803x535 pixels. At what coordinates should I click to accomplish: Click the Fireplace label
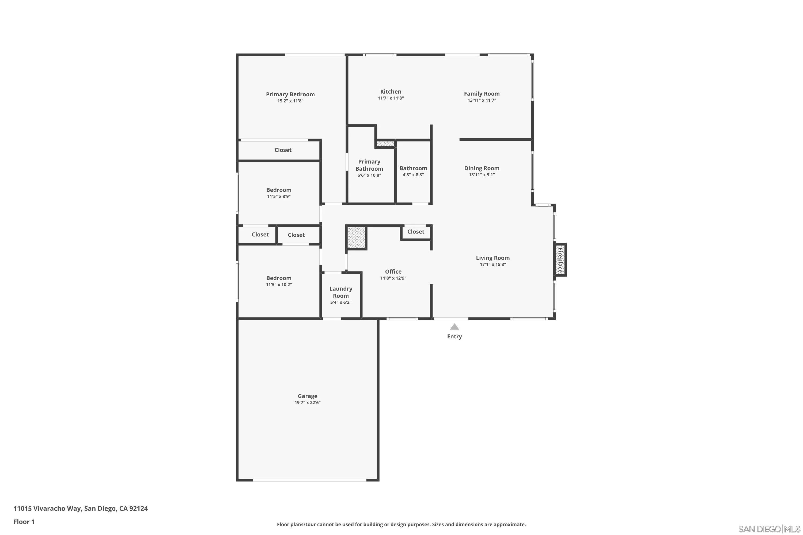(x=560, y=260)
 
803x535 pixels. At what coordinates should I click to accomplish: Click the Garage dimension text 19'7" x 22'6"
(x=307, y=403)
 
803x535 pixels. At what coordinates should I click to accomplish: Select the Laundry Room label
(x=341, y=292)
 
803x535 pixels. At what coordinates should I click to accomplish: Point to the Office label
(x=393, y=272)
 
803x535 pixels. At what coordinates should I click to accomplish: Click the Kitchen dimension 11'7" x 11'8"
(x=391, y=98)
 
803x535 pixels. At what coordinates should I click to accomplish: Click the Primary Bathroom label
(x=369, y=165)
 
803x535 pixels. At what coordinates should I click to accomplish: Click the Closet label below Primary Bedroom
(x=283, y=150)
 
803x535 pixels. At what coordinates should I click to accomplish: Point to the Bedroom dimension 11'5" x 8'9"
(x=279, y=197)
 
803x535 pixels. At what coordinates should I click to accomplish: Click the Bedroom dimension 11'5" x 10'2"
(x=279, y=285)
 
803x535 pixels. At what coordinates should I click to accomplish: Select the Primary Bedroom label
(x=290, y=94)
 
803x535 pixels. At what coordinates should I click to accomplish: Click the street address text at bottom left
(x=81, y=509)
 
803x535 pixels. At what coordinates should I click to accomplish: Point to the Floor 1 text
(x=24, y=522)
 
